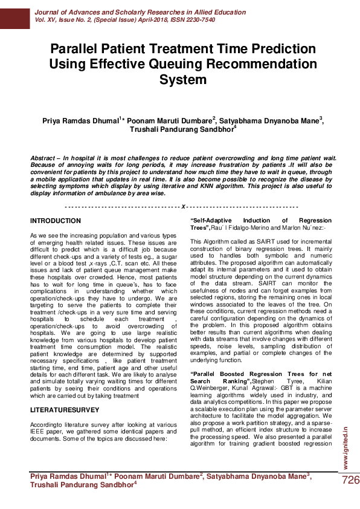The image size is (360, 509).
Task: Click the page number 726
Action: (x=350, y=480)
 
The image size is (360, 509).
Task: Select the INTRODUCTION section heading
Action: (x=55, y=221)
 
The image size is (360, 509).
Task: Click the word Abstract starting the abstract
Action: (x=45, y=158)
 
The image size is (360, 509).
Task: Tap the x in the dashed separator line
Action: (x=182, y=206)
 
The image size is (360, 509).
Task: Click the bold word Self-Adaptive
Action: (x=213, y=221)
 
